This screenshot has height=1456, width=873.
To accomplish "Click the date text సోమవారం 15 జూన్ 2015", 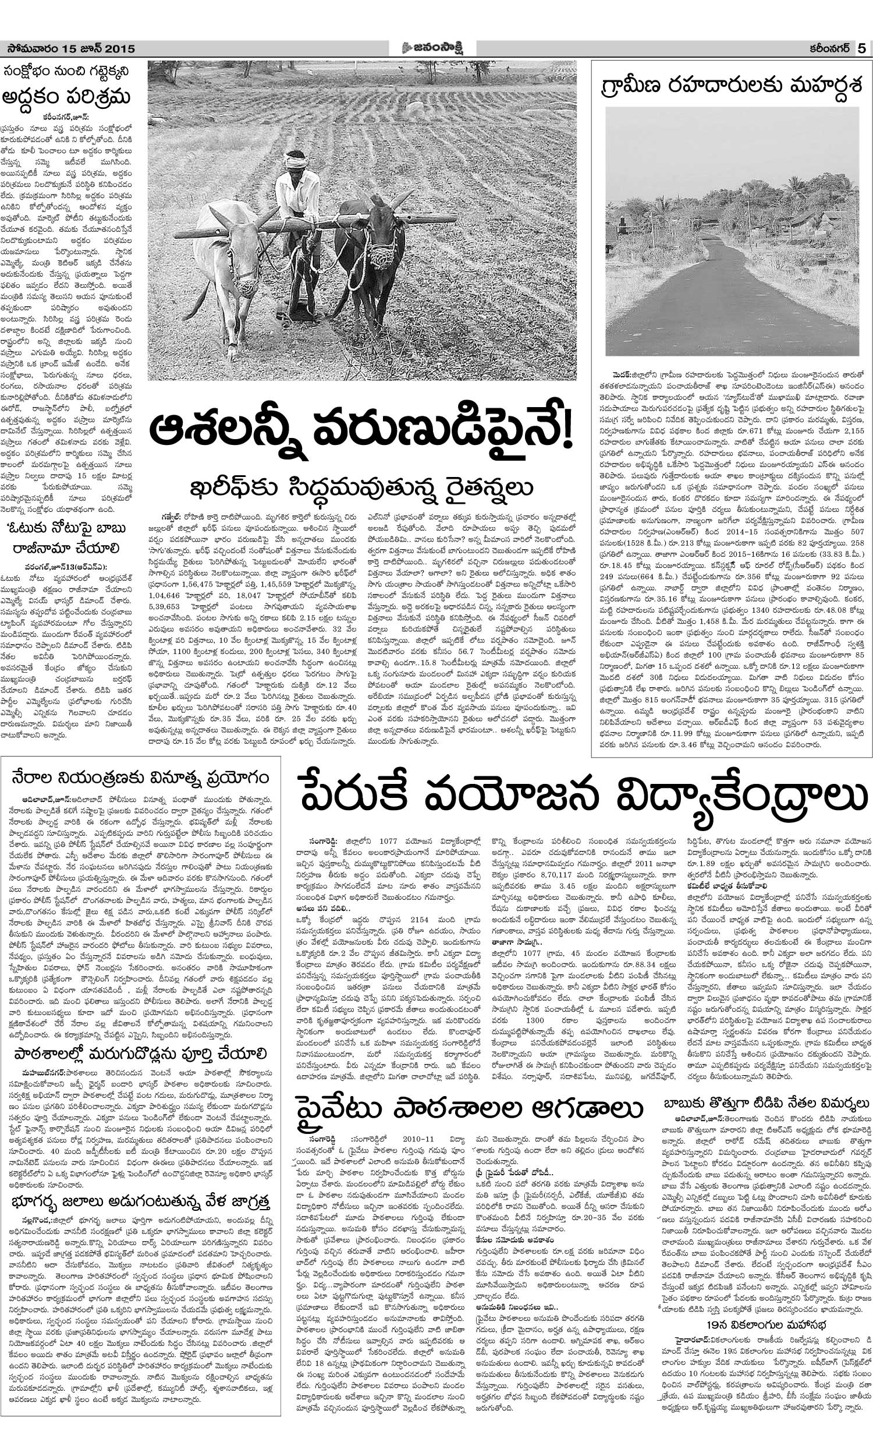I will [x=68, y=48].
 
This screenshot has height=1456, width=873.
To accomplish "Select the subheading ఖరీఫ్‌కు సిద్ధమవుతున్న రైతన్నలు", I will [x=360, y=488].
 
